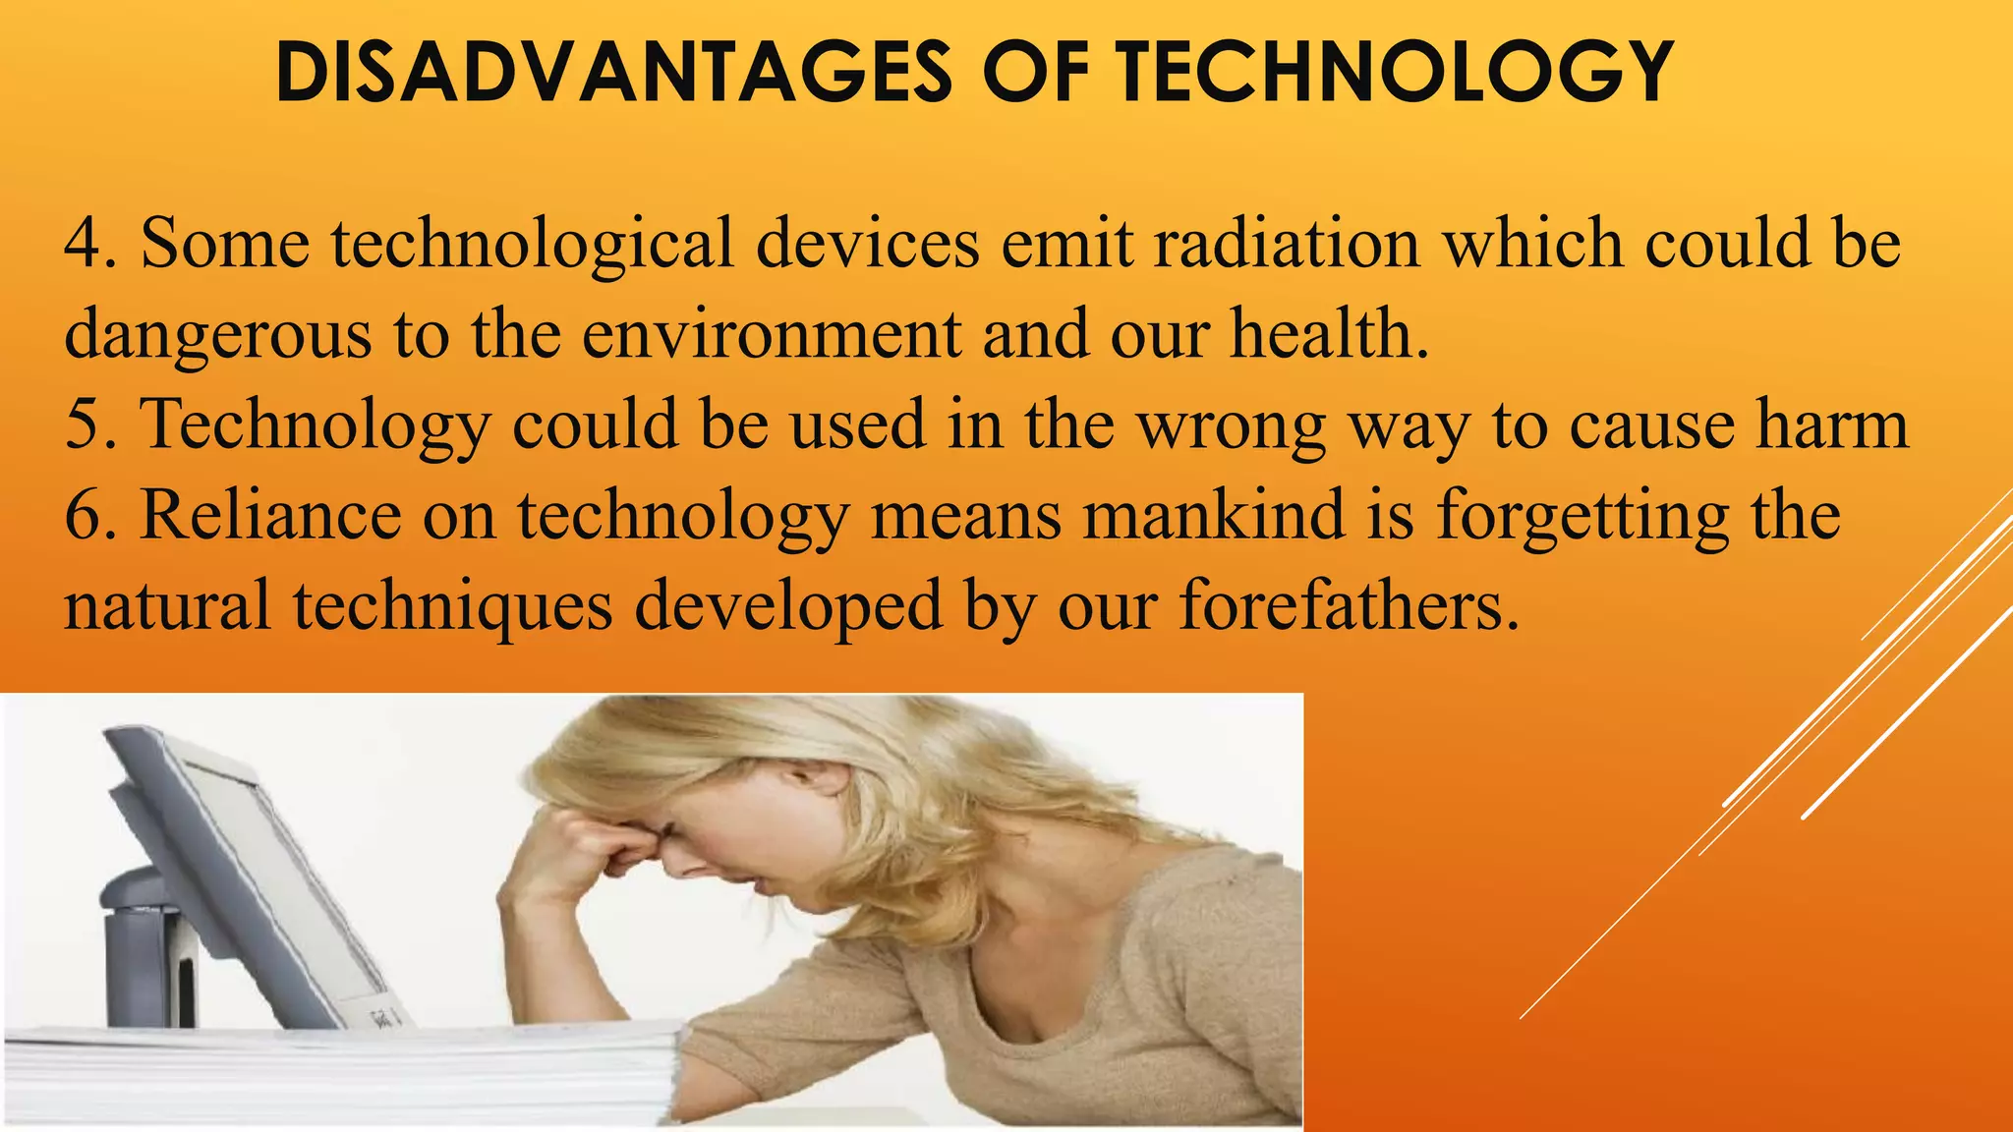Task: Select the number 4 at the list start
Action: tap(84, 243)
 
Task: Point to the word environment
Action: tap(772, 334)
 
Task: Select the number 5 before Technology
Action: tap(84, 424)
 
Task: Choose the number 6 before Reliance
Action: tap(84, 515)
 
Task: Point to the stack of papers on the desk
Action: tap(344, 1076)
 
